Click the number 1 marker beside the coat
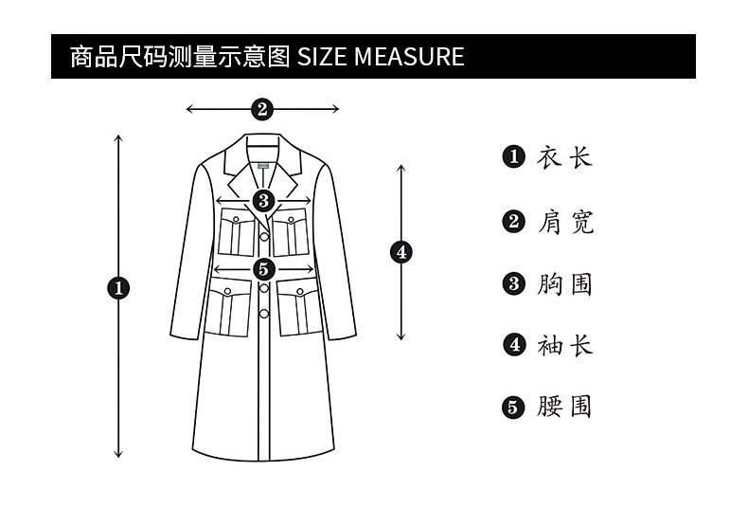pyautogui.click(x=118, y=288)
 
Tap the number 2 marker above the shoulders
pyautogui.click(x=262, y=109)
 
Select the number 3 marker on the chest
pyautogui.click(x=264, y=201)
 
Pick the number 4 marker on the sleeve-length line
pyautogui.click(x=401, y=252)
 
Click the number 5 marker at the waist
pyautogui.click(x=264, y=270)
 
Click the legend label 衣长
pyautogui.click(x=565, y=157)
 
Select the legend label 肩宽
pyautogui.click(x=566, y=222)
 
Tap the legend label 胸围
pyautogui.click(x=565, y=284)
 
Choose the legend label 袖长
pyautogui.click(x=565, y=345)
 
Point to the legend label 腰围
pyautogui.click(x=565, y=407)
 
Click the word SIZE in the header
pyautogui.click(x=322, y=56)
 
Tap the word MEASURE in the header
pyautogui.click(x=409, y=56)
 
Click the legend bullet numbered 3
pyautogui.click(x=514, y=284)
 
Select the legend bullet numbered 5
pyautogui.click(x=513, y=408)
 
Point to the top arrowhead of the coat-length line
pyautogui.click(x=118, y=138)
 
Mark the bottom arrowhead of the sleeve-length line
pyautogui.click(x=401, y=336)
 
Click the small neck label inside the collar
pyautogui.click(x=263, y=166)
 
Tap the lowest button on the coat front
pyautogui.click(x=264, y=314)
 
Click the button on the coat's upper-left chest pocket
pyautogui.click(x=236, y=220)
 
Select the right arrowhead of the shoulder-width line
pyautogui.click(x=335, y=109)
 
